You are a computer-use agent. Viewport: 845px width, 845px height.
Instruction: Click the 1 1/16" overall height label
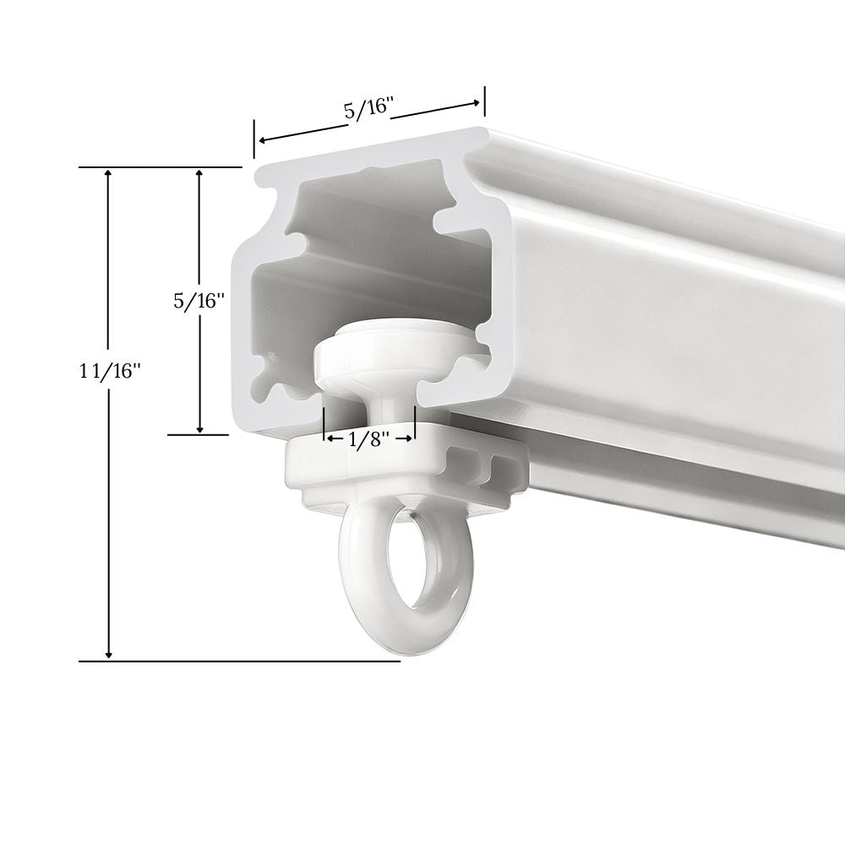point(110,371)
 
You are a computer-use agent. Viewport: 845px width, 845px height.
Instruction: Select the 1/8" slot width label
point(369,440)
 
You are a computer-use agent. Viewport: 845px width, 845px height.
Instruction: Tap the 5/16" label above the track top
point(367,109)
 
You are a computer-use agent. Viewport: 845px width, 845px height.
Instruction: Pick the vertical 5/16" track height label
point(199,301)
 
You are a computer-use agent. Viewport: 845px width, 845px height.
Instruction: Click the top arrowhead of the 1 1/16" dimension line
point(109,173)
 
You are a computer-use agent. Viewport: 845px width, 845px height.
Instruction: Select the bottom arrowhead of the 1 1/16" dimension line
point(109,654)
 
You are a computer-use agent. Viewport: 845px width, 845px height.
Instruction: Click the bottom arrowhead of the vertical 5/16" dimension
point(199,428)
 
